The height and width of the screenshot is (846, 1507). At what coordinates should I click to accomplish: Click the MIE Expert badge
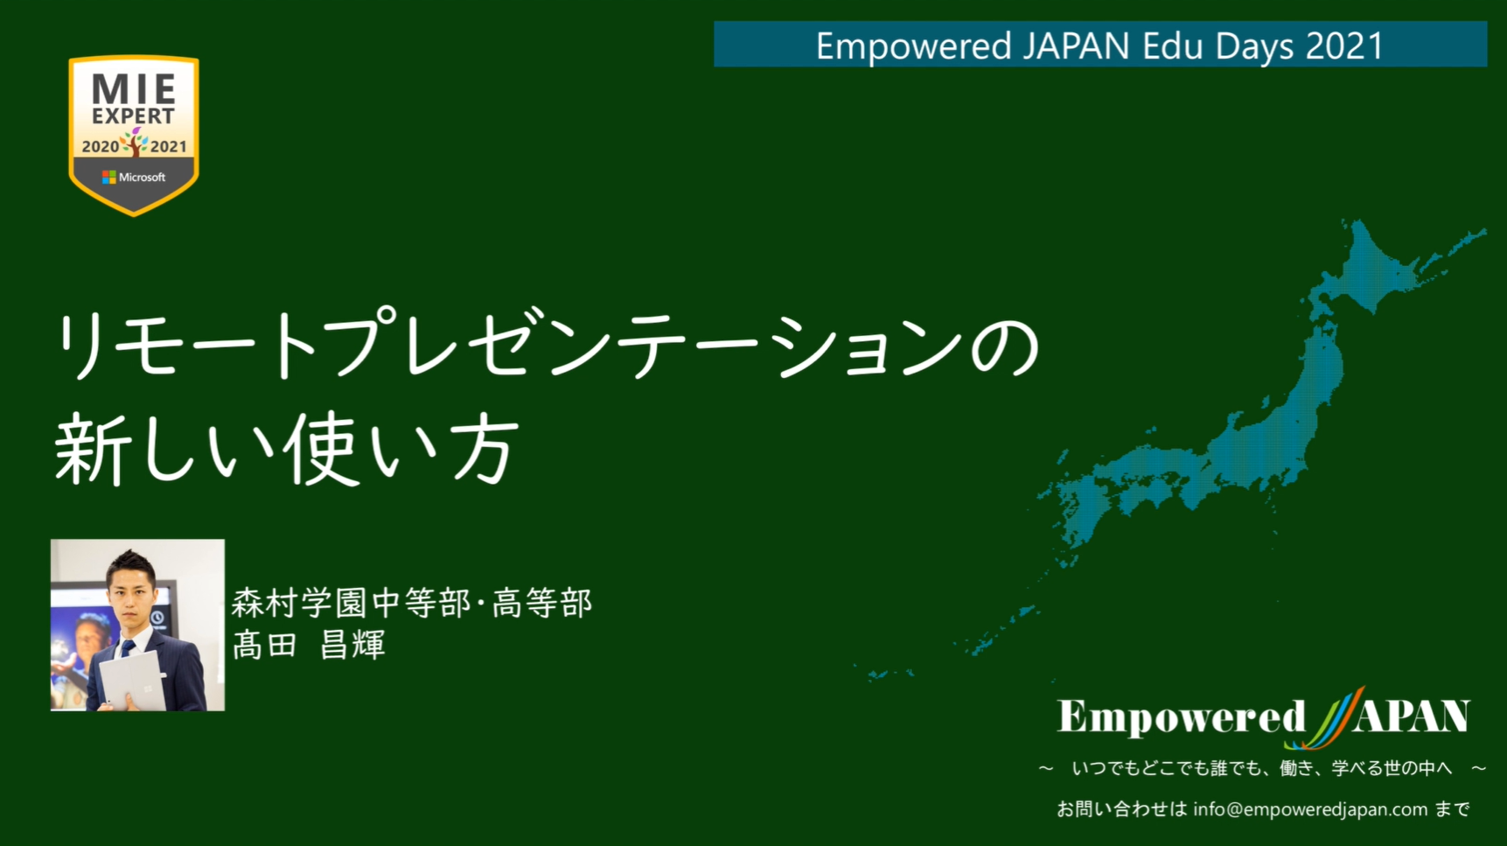tap(134, 135)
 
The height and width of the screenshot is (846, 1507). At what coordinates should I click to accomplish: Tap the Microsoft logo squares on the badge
tap(108, 177)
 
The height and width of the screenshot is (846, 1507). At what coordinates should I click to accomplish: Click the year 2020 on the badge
tap(100, 147)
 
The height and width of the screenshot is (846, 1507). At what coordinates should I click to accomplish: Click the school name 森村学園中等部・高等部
tap(412, 603)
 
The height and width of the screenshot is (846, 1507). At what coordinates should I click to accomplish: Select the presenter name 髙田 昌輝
tap(309, 646)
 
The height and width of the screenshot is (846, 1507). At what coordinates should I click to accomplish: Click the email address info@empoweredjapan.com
tap(1310, 809)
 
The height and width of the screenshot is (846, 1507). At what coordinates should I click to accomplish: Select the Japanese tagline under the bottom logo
tap(1262, 768)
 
